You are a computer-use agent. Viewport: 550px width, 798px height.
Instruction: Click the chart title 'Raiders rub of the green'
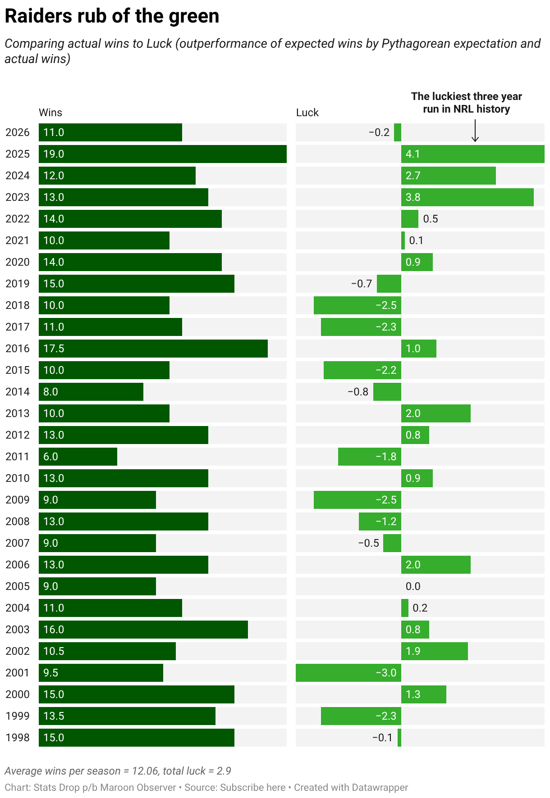112,16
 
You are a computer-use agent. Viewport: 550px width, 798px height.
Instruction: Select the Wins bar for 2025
163,154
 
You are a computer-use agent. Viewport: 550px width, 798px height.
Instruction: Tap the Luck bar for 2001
348,673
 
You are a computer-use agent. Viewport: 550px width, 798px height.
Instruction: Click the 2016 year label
18,349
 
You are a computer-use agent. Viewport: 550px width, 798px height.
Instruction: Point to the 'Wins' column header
50,113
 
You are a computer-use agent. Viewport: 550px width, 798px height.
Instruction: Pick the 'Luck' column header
307,113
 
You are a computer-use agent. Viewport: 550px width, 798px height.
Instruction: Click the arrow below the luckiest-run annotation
475,131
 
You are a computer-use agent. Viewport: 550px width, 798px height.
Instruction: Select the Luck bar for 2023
467,197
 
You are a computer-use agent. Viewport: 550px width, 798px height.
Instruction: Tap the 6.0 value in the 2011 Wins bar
51,457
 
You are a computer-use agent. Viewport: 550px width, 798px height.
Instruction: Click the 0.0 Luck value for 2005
413,586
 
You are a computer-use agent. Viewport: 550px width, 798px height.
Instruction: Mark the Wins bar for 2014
91,392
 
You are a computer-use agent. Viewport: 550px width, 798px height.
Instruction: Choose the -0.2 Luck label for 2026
379,132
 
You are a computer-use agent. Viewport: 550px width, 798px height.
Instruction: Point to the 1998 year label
18,738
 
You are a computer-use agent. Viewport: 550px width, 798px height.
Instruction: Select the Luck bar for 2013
436,413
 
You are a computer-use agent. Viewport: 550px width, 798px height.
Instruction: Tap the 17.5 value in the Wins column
54,349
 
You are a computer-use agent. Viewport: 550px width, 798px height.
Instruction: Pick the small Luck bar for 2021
403,240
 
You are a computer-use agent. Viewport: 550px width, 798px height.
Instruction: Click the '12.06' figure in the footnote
145,771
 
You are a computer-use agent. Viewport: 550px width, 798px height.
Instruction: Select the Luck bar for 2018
357,305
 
